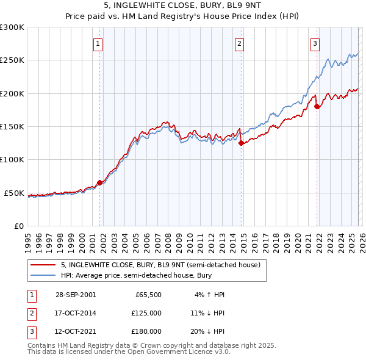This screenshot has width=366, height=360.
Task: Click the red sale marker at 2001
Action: [x=99, y=182]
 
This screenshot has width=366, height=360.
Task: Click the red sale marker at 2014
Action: [x=241, y=143]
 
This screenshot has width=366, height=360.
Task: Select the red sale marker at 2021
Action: [x=317, y=107]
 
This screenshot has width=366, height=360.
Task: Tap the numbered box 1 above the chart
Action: [x=98, y=43]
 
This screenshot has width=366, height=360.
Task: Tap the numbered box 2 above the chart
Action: [x=239, y=43]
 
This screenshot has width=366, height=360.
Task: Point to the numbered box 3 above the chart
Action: [x=315, y=43]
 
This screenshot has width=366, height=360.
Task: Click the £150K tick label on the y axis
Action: [x=12, y=126]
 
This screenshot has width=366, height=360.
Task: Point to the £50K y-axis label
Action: [x=14, y=193]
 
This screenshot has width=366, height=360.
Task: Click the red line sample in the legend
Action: [x=43, y=265]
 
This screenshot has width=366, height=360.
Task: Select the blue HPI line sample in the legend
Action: [x=43, y=275]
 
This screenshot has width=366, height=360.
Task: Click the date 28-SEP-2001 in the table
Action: [x=75, y=295]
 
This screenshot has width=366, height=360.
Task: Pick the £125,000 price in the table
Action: [x=146, y=313]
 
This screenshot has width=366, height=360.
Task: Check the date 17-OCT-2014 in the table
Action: [x=75, y=313]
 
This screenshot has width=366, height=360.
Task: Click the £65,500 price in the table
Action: [x=148, y=295]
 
